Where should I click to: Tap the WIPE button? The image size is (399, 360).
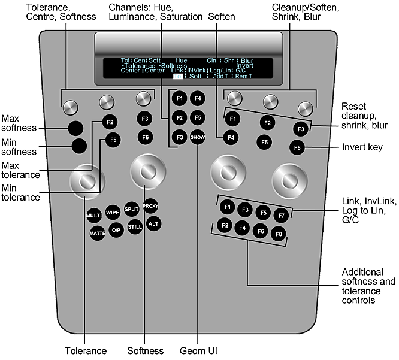(113, 213)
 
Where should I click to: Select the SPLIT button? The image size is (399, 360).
(132, 209)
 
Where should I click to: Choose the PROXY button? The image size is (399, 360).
(150, 206)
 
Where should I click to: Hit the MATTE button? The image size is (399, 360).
(98, 234)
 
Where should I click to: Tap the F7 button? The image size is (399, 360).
(280, 214)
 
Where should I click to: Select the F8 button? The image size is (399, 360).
(280, 233)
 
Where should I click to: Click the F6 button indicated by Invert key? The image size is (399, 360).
(297, 147)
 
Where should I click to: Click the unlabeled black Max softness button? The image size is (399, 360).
(75, 127)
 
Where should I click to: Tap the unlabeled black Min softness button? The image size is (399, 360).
(78, 146)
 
